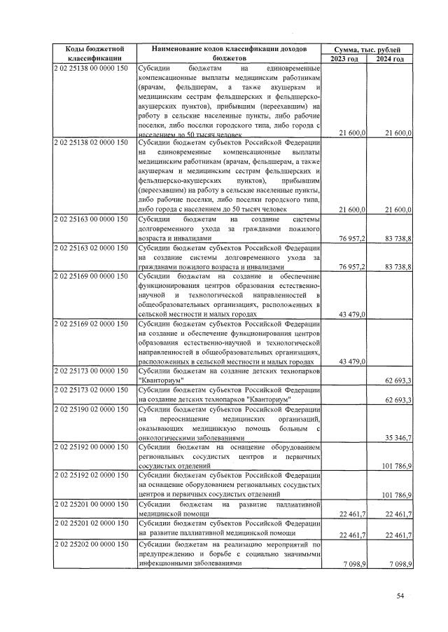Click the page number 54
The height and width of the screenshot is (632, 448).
(x=400, y=596)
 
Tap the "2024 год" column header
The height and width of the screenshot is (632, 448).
(x=390, y=59)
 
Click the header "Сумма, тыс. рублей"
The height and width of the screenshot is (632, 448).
(x=367, y=49)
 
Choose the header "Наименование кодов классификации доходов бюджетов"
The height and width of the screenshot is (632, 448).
(x=230, y=54)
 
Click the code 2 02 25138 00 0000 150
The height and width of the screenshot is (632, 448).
(x=90, y=69)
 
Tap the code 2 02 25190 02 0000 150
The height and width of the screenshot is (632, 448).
(x=90, y=409)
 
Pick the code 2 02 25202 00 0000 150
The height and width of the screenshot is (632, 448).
(x=90, y=544)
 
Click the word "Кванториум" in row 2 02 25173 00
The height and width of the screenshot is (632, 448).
(x=160, y=380)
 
